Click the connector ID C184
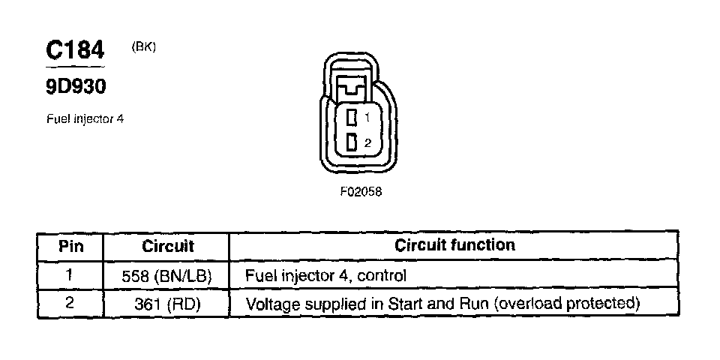(x=75, y=51)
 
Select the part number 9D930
(x=75, y=87)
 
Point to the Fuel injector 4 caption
(x=85, y=118)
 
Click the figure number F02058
(x=361, y=191)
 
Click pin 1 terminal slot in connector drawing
(x=351, y=117)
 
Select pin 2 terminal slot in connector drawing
(x=351, y=142)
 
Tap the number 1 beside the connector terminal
(x=367, y=118)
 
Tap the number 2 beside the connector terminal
(x=367, y=142)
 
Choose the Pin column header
(x=70, y=245)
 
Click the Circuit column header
(x=167, y=245)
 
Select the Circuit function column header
(x=454, y=244)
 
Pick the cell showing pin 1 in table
(x=70, y=274)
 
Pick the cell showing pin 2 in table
(x=70, y=304)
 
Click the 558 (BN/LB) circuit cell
(x=166, y=275)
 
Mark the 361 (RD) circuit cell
(x=166, y=304)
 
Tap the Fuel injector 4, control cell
(x=325, y=275)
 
